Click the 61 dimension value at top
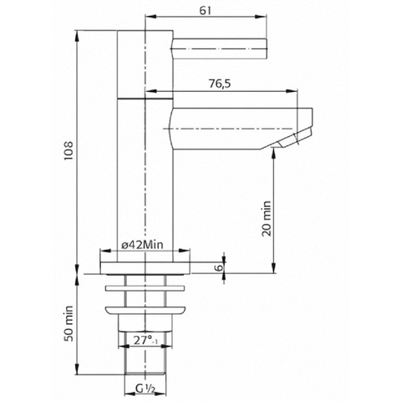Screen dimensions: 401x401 (206, 10)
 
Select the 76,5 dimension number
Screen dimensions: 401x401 (220, 84)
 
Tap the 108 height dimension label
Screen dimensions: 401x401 (69, 150)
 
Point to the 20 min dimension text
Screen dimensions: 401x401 (266, 219)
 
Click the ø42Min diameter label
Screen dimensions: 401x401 (142, 245)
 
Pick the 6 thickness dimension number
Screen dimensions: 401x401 (220, 267)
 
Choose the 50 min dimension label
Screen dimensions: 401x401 (69, 323)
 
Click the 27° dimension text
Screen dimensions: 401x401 (145, 340)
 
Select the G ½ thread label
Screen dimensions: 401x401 (145, 388)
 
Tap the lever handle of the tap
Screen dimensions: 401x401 (219, 48)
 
